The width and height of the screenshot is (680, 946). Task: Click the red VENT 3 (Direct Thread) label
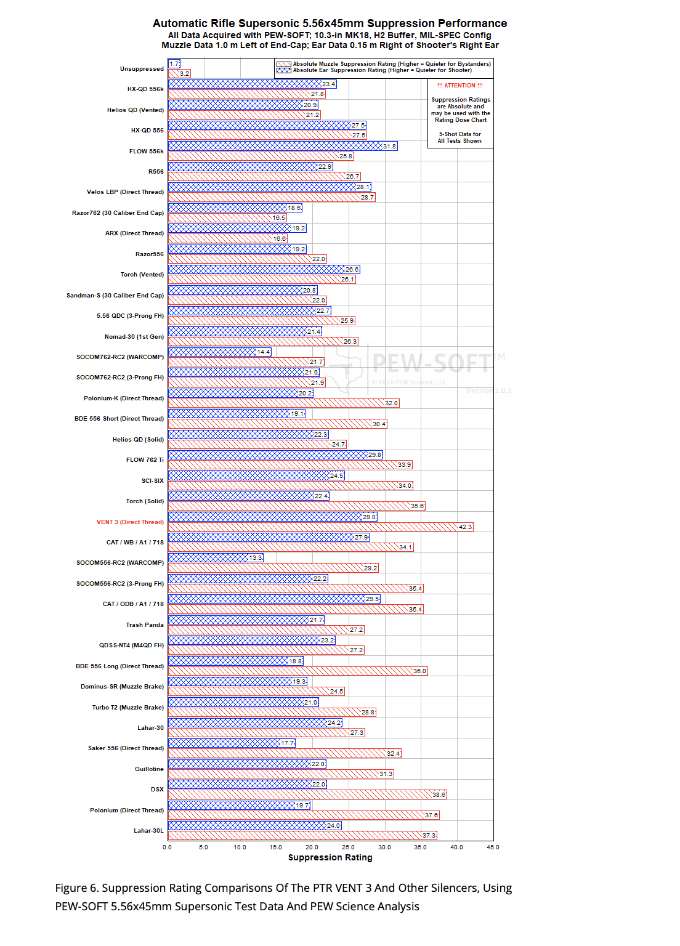[130, 522]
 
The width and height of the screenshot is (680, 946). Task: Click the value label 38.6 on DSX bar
[439, 794]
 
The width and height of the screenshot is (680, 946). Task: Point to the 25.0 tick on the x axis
[348, 847]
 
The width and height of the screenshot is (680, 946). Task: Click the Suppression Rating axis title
[330, 857]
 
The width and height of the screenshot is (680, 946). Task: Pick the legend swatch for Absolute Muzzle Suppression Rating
[283, 64]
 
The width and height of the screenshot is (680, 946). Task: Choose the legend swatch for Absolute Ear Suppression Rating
[283, 70]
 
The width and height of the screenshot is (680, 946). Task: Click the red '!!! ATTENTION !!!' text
[460, 86]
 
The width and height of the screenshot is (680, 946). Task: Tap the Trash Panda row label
[145, 625]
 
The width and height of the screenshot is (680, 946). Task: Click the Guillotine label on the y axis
[149, 769]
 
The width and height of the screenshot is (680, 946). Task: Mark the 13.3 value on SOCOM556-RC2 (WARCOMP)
[255, 558]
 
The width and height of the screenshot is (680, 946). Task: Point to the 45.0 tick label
[493, 847]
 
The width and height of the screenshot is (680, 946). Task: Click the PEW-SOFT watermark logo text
[432, 363]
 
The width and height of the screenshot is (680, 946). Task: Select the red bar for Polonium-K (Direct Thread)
[277, 403]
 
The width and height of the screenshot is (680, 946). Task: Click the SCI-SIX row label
[153, 481]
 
